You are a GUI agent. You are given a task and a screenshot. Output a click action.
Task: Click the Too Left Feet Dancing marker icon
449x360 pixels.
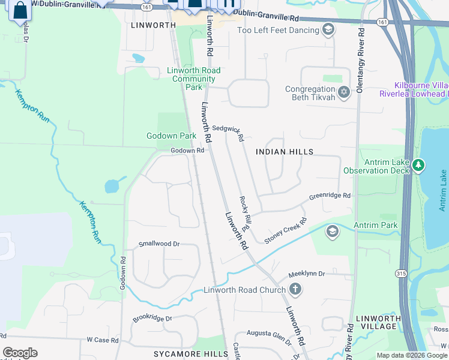pyautogui.click(x=328, y=29)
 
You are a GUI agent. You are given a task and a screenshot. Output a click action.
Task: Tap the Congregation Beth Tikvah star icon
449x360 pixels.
pyautogui.click(x=344, y=92)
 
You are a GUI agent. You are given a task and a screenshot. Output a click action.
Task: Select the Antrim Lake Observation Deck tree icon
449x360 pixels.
pyautogui.click(x=418, y=164)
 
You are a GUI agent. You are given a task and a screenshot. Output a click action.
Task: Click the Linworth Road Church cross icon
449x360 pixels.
pyautogui.click(x=295, y=290)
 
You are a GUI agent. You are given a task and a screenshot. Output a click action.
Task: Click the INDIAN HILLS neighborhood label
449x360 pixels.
pyautogui.click(x=285, y=152)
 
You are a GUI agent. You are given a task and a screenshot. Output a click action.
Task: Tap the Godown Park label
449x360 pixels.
pyautogui.click(x=172, y=136)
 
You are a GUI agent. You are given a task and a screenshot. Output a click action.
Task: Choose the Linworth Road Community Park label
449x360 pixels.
pyautogui.click(x=194, y=79)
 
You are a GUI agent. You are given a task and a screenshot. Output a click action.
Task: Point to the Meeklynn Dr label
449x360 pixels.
pyautogui.click(x=306, y=274)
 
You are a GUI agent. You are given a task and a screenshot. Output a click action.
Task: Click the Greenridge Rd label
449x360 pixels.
pyautogui.click(x=330, y=196)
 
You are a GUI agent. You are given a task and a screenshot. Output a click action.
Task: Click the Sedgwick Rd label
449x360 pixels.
pyautogui.click(x=228, y=133)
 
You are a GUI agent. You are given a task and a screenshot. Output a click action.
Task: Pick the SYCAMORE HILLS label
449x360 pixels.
pyautogui.click(x=191, y=354)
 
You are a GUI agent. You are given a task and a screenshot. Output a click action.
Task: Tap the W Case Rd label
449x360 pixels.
pyautogui.click(x=103, y=340)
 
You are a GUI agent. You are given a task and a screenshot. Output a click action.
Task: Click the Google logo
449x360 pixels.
pyautogui.click(x=20, y=353)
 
